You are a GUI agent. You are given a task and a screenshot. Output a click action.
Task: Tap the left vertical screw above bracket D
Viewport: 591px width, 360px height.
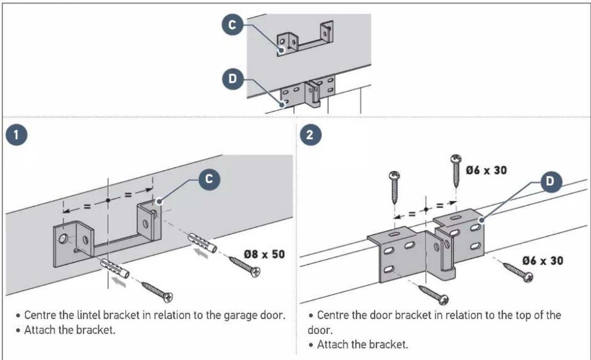tap(394, 187)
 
